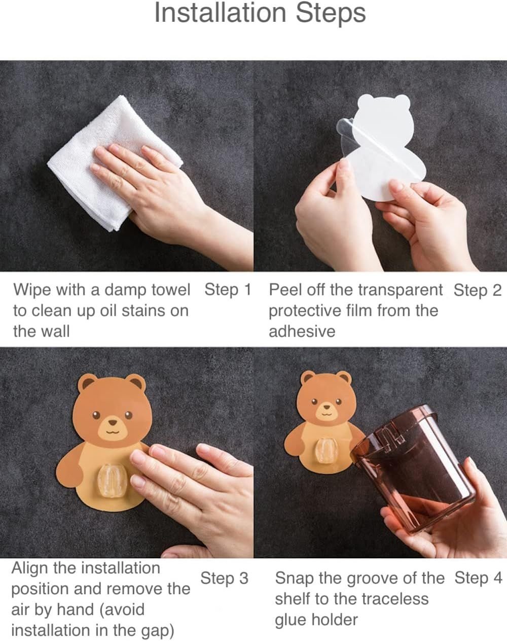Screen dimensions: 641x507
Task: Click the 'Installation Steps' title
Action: coord(260,13)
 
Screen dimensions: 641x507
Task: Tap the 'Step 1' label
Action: coord(228,289)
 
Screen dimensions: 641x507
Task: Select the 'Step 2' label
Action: coord(477,290)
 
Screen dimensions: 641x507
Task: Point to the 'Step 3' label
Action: coord(224,578)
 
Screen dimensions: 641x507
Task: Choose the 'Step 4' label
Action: coord(478,578)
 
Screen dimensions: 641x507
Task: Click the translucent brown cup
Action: coord(416,472)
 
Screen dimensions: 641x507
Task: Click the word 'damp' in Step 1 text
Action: coord(125,290)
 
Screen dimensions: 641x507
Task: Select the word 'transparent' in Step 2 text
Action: coord(400,290)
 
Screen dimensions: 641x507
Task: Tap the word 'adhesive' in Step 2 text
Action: coord(302,331)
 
